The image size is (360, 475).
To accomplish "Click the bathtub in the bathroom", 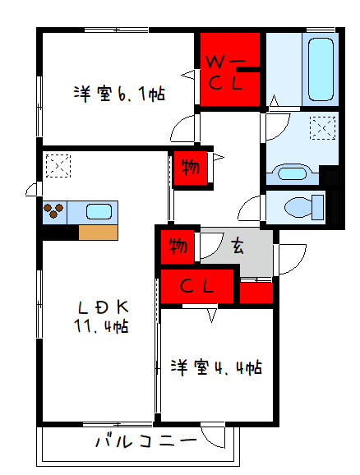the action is [321, 69].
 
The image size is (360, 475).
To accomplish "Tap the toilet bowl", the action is [304, 207].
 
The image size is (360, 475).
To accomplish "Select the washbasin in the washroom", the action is [292, 173].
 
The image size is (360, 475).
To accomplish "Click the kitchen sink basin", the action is [99, 211].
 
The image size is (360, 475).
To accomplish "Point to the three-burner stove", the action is [54, 211].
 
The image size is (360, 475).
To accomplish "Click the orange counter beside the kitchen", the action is [98, 233].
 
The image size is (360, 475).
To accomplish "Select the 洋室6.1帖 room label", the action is [120, 95].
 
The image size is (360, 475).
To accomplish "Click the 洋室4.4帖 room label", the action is [216, 367].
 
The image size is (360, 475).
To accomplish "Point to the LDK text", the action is [104, 308].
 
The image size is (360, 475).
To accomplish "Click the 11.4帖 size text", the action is [101, 326].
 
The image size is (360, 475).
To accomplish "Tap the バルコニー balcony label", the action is [146, 441].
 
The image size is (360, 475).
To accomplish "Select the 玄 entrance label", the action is [238, 246].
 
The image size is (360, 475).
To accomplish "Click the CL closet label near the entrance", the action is [197, 286].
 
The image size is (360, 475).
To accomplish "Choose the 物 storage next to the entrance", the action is [178, 246].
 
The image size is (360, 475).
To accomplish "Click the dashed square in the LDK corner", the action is [58, 166].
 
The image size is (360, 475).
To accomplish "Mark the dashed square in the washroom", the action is [323, 128].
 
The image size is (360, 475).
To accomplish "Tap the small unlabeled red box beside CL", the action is [256, 293].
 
